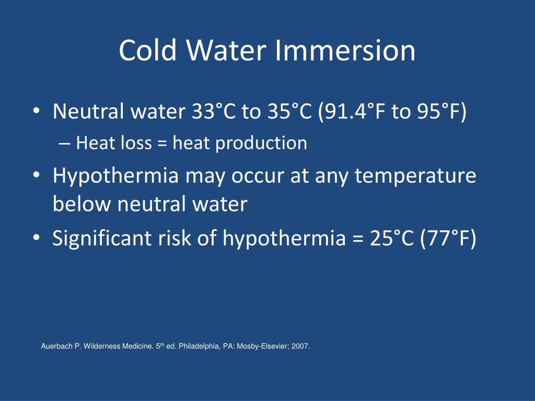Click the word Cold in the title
pos(148,50)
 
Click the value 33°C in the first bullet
pos(214,111)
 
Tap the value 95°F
pos(441,112)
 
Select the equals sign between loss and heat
pos(162,143)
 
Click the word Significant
pos(102,238)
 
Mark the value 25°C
pos(392,238)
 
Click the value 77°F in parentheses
pos(448,239)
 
